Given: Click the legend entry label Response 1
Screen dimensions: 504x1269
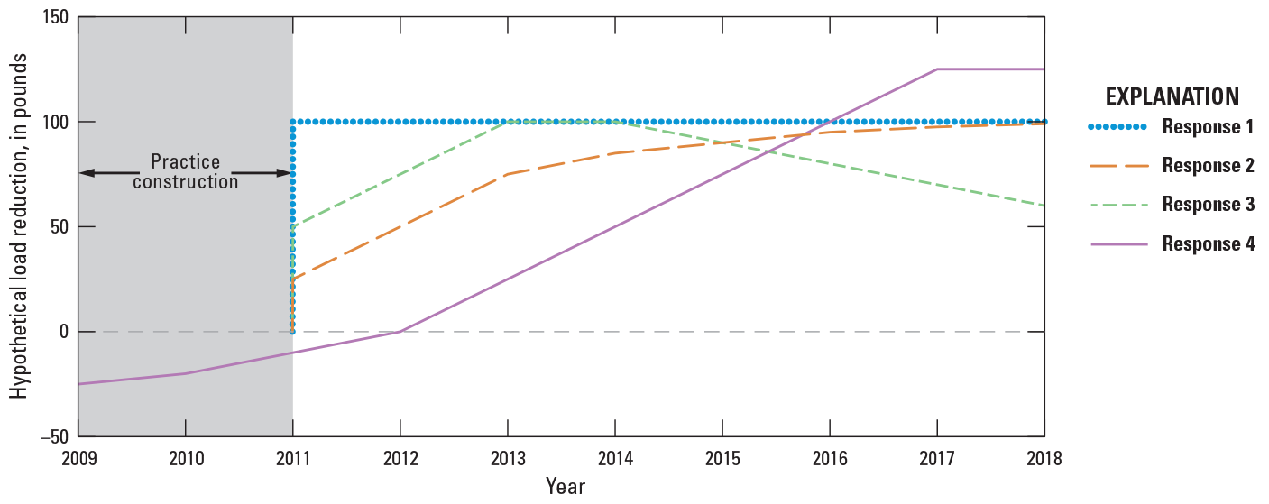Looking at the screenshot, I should tap(1209, 127).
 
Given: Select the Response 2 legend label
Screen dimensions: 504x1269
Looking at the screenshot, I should tap(1209, 166).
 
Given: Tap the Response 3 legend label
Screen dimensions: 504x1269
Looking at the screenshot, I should tap(1209, 205).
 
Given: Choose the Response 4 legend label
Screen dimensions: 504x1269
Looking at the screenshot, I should tap(1209, 244).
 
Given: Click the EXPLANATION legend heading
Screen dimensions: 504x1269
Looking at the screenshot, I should tap(1172, 96).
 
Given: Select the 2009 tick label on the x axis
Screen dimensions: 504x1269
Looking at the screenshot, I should tap(78, 457).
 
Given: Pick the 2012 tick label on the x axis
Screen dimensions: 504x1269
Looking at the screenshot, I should tap(400, 457).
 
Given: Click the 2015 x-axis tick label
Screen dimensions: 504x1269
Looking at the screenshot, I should tap(722, 457).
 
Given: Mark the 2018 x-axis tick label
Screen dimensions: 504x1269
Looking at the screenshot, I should tap(1044, 457).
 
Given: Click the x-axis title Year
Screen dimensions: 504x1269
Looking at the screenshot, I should tap(565, 487).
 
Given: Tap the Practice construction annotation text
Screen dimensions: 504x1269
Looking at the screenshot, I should tap(185, 172).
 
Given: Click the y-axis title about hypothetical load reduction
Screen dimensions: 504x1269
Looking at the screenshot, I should tap(19, 226).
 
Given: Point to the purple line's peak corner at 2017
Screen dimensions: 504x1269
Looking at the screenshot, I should tap(937, 69).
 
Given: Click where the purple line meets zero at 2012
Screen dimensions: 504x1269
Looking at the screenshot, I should tap(400, 332).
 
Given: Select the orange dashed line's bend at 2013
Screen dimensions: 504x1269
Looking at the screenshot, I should tap(507, 174).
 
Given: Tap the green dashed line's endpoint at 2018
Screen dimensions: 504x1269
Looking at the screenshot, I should tap(1044, 206).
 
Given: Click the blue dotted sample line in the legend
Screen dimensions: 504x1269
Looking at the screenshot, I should tap(1117, 127).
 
